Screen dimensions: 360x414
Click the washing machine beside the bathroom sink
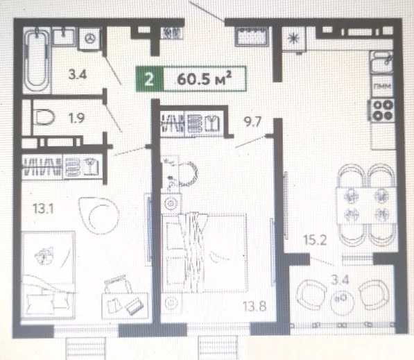click(89, 39)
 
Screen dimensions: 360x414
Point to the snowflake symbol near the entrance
click(294, 39)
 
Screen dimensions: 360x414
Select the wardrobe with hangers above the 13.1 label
click(62, 166)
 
